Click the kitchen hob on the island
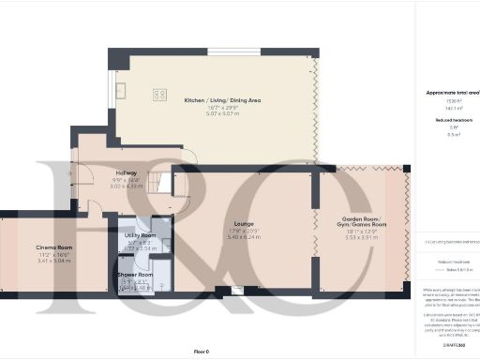click(159, 94)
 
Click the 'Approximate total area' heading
click(447, 95)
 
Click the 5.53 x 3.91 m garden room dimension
click(361, 239)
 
